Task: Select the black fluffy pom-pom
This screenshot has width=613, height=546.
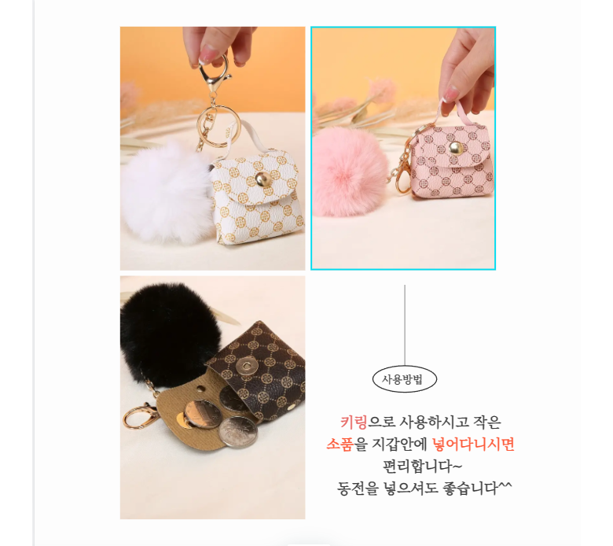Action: [x=170, y=333]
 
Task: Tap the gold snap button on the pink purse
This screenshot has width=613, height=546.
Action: [x=456, y=148]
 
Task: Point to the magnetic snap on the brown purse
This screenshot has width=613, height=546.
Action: [x=246, y=367]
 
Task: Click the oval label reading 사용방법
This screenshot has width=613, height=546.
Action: [x=404, y=379]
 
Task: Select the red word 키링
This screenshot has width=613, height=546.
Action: [x=354, y=422]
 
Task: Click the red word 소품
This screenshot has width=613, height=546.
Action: [x=340, y=445]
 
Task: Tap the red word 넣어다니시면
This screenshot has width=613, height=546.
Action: [x=473, y=445]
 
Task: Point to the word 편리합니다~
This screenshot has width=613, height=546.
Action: [x=422, y=467]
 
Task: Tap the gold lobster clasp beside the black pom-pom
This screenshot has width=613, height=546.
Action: [x=141, y=416]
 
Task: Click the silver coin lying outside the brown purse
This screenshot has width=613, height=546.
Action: [x=238, y=432]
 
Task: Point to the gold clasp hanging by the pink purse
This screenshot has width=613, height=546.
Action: [x=402, y=181]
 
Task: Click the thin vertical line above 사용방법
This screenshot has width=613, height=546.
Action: [x=405, y=325]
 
